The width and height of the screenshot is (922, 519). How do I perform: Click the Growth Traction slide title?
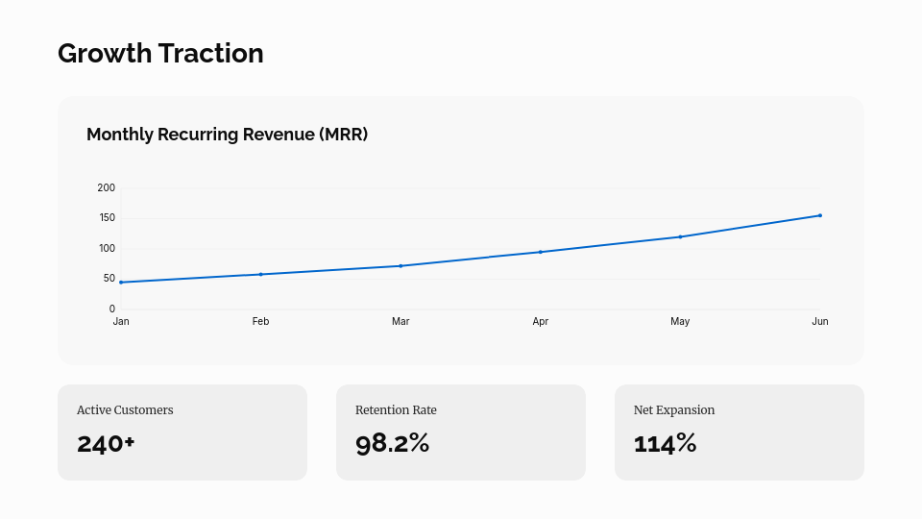(x=160, y=54)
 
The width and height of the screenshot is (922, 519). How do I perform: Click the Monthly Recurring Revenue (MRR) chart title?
(x=227, y=135)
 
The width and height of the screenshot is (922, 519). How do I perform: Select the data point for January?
(x=121, y=282)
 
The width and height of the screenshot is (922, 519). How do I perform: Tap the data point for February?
(x=260, y=274)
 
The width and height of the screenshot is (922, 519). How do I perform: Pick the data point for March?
(x=400, y=265)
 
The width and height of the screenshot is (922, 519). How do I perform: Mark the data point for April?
(x=541, y=252)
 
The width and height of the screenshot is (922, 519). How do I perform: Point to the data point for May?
(x=680, y=236)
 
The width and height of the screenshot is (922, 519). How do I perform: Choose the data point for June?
(x=820, y=215)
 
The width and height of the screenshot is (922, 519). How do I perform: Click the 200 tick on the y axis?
(x=107, y=187)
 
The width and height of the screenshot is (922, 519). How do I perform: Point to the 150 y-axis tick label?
(x=107, y=218)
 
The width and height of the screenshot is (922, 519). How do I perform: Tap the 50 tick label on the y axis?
(x=109, y=279)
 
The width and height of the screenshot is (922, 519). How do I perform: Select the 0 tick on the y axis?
(x=112, y=309)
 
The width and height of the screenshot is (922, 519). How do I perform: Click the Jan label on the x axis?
(x=121, y=322)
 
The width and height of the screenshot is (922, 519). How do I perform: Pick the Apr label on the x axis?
(x=541, y=322)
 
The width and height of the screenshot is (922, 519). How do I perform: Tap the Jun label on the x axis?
(x=820, y=322)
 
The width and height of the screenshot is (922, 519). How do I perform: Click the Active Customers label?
(x=125, y=410)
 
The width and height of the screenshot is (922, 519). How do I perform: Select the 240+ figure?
(x=106, y=443)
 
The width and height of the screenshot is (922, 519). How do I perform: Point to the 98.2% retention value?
(x=392, y=443)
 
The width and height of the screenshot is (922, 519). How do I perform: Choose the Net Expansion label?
(x=674, y=410)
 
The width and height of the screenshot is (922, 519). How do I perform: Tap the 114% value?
(x=665, y=443)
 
